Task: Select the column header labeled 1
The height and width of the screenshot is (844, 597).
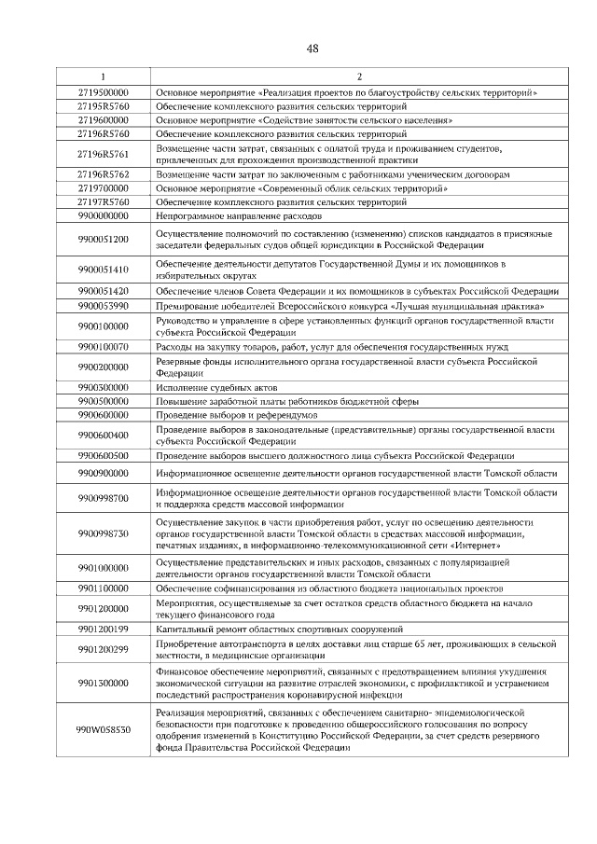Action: [103, 76]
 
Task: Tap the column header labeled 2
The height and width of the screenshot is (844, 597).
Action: [358, 76]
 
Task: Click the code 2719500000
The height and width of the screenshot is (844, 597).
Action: [103, 93]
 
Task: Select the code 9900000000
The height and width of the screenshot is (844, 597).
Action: [103, 215]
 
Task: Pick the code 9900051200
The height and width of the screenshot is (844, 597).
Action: [103, 239]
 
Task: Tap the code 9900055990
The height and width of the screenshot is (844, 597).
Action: [103, 306]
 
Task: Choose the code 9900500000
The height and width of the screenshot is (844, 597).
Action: [103, 401]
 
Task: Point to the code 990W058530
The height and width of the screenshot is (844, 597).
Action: [103, 729]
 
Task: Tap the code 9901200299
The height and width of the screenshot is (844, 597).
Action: [103, 650]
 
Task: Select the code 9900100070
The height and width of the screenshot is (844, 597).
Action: [103, 347]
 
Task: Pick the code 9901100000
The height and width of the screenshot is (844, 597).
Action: [103, 588]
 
